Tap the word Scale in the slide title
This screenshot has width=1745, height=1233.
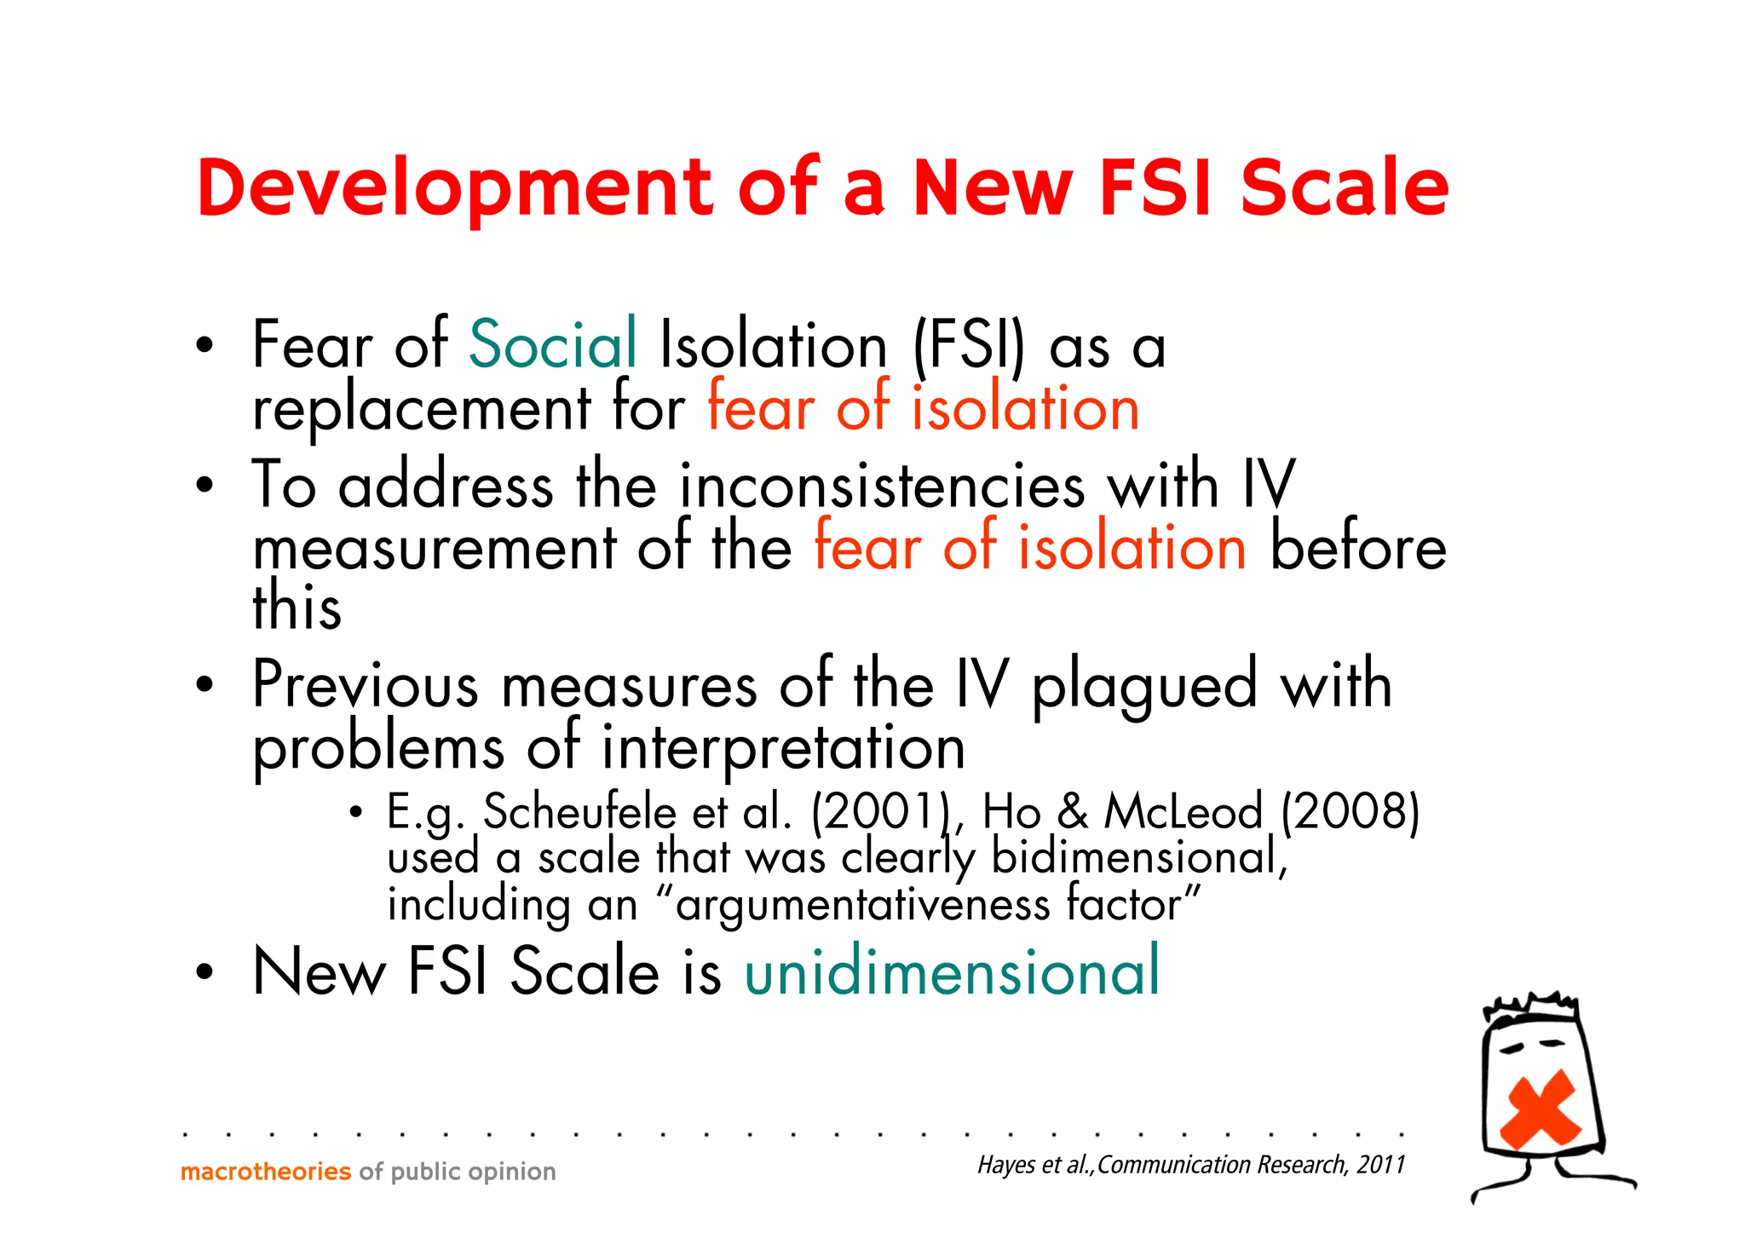[x=1344, y=187]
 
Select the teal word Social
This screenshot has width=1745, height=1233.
[x=553, y=344]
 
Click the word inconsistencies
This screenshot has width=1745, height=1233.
[x=882, y=486]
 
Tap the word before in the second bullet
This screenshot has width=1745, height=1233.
[x=1358, y=548]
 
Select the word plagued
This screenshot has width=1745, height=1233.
[x=1144, y=686]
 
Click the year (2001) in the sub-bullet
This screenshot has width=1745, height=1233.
[x=881, y=811]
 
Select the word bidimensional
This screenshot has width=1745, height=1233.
[x=1137, y=857]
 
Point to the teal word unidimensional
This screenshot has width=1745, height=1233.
[x=952, y=971]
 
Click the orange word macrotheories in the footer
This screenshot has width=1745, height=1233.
[x=266, y=1172]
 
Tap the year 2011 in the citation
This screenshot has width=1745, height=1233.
[x=1380, y=1165]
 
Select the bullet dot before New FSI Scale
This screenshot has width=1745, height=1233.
[x=204, y=972]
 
